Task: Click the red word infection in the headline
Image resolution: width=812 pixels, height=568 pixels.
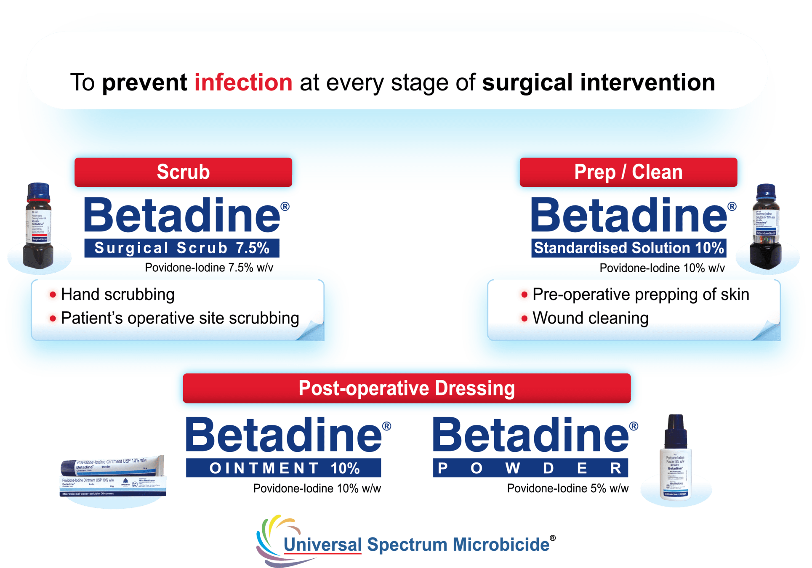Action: (x=243, y=82)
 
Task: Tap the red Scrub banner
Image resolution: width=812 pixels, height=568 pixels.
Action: (x=183, y=172)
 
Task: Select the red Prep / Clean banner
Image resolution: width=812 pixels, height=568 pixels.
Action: (x=628, y=172)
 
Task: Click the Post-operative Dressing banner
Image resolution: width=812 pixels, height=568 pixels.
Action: (x=406, y=388)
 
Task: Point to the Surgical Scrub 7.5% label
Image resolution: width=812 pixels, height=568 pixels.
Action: (x=182, y=248)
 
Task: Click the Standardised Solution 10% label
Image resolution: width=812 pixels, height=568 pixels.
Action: (x=628, y=248)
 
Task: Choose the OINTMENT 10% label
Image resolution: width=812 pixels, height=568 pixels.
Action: (x=283, y=468)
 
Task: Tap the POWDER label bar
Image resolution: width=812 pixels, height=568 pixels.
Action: (x=530, y=468)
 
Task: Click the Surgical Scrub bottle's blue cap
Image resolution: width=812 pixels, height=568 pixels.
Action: (x=39, y=192)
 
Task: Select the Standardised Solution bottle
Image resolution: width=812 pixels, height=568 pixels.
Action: (x=766, y=227)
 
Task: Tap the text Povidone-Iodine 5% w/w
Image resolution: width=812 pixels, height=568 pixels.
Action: (x=567, y=488)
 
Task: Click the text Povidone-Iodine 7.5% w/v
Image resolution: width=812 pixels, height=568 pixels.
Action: (x=209, y=268)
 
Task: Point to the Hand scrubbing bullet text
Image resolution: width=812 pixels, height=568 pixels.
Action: (x=117, y=295)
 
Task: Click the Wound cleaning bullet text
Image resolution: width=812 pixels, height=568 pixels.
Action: (x=590, y=318)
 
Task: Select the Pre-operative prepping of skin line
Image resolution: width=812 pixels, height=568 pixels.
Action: (x=640, y=295)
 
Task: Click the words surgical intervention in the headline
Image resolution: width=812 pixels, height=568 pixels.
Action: (x=598, y=82)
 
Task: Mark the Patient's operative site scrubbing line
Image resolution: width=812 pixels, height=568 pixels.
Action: (x=180, y=318)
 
